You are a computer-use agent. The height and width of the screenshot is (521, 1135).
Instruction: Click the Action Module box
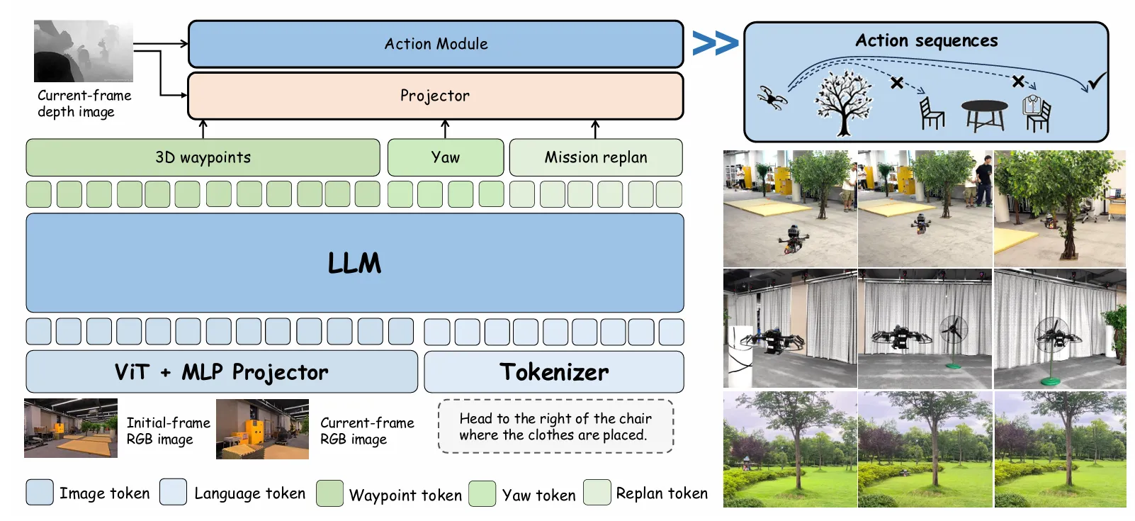tap(436, 44)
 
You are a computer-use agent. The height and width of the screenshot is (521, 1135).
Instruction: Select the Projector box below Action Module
tap(436, 96)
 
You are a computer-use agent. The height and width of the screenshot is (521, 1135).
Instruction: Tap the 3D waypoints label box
tap(203, 157)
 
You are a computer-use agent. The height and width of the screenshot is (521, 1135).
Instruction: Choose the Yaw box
tap(446, 157)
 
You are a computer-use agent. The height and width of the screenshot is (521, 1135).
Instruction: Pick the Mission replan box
tap(596, 157)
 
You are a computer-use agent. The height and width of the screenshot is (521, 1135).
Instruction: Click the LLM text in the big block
tap(354, 263)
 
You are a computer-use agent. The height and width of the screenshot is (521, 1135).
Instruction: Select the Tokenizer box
tap(554, 372)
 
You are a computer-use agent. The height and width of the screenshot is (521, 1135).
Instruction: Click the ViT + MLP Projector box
tap(222, 372)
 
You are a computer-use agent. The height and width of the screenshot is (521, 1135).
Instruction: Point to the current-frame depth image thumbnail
tap(84, 51)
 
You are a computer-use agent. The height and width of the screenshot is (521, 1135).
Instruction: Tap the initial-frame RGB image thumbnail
tap(71, 428)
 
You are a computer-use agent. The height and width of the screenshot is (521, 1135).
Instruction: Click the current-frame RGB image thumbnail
tap(262, 429)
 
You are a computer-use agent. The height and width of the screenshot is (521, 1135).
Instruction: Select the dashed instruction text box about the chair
tap(555, 427)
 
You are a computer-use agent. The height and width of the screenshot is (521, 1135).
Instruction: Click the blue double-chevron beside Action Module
tap(715, 43)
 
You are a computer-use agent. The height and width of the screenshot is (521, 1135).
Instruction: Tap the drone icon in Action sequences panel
tap(772, 97)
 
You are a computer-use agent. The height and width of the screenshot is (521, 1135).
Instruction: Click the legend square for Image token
tap(40, 492)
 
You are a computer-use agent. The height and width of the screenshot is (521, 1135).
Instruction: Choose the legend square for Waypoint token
tap(329, 493)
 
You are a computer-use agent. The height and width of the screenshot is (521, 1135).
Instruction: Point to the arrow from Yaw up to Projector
tap(445, 129)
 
